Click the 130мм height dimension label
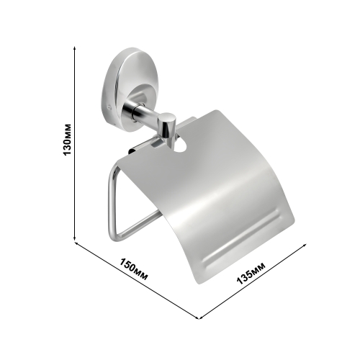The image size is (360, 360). point(67,139)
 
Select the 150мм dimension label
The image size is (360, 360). point(134,269)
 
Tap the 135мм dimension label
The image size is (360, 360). point(251,273)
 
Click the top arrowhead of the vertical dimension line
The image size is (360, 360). point(75,48)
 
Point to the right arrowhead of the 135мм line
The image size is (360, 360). point(305,244)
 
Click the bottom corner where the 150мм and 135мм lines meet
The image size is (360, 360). point(199,318)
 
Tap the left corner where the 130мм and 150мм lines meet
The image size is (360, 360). point(75,241)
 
